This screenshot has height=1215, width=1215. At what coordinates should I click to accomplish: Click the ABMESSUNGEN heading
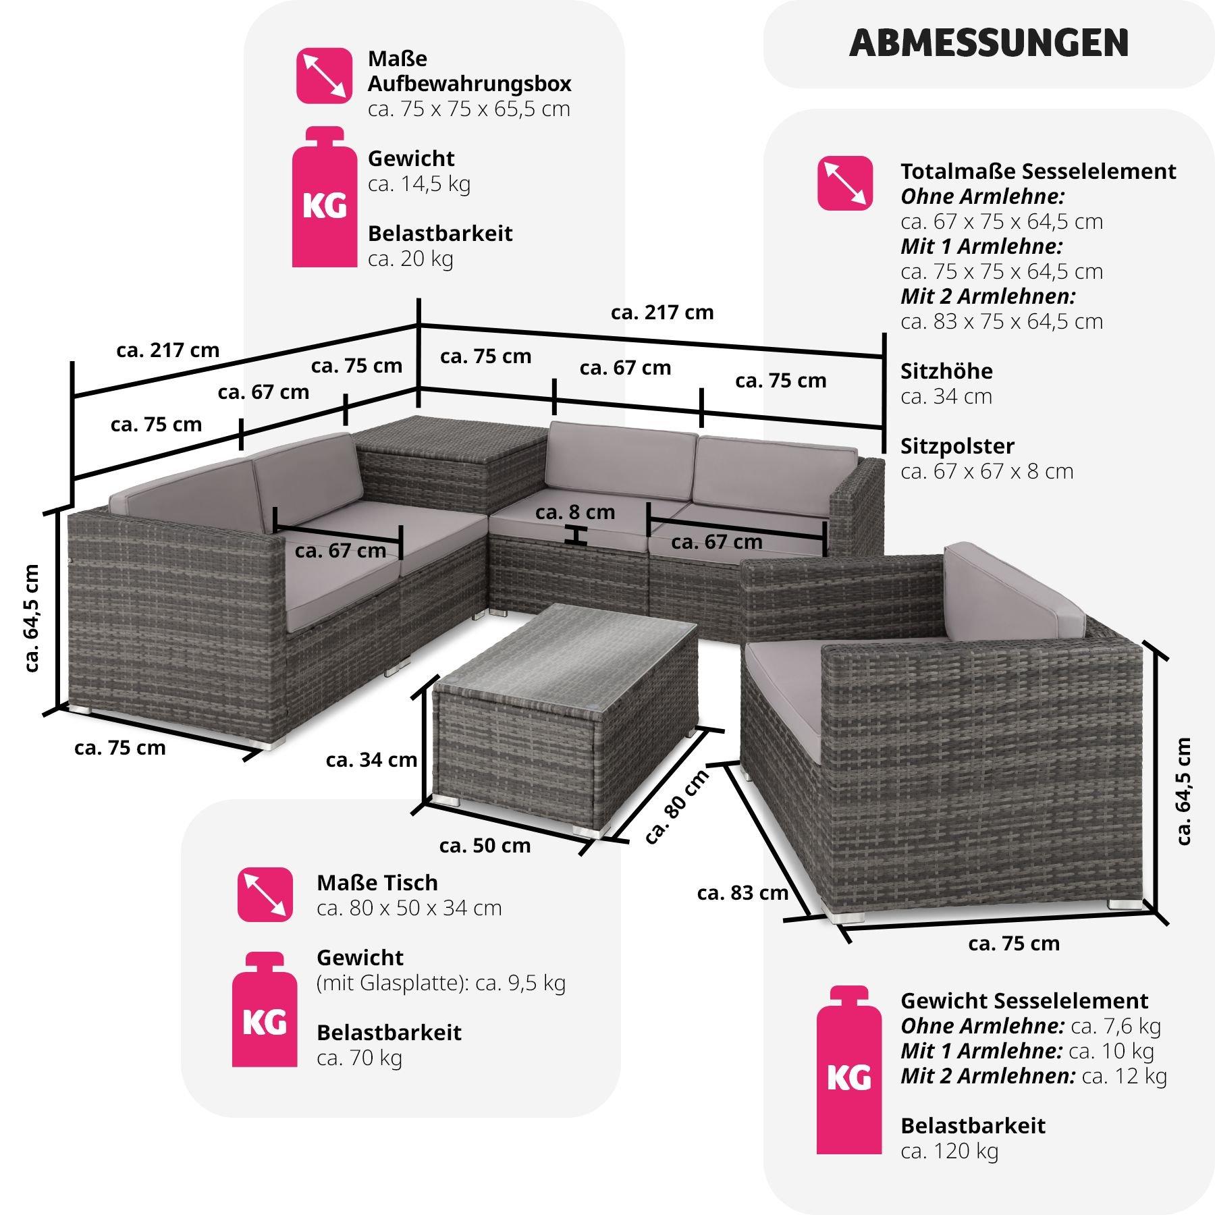[x=989, y=43]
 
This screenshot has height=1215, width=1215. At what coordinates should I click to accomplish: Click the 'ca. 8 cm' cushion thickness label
[x=575, y=512]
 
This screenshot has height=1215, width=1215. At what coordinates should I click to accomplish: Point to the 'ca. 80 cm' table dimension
[x=676, y=806]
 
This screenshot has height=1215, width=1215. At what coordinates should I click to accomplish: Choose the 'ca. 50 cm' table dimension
[x=485, y=845]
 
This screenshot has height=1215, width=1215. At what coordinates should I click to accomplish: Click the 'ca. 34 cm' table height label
[x=371, y=760]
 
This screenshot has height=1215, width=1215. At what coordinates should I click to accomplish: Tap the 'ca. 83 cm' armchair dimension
[x=742, y=892]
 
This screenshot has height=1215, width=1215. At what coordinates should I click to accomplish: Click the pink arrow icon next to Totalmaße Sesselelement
[x=844, y=183]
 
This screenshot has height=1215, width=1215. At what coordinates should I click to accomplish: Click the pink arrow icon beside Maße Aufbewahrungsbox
[x=324, y=76]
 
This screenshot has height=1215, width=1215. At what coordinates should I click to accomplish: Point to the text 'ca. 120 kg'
[x=949, y=1152]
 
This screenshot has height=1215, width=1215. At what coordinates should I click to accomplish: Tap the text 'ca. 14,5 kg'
[x=419, y=184]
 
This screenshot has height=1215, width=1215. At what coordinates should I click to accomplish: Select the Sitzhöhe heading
[x=946, y=371]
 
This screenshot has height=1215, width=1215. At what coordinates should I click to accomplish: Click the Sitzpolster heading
[x=957, y=446]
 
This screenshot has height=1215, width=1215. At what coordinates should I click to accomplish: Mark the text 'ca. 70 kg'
[x=359, y=1058]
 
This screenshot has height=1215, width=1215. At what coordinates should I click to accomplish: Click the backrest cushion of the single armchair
[x=1013, y=591]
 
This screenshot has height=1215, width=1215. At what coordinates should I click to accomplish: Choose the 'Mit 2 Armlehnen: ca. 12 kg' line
[x=1033, y=1076]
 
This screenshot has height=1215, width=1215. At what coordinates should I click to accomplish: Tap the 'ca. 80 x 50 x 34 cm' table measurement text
[x=409, y=908]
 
